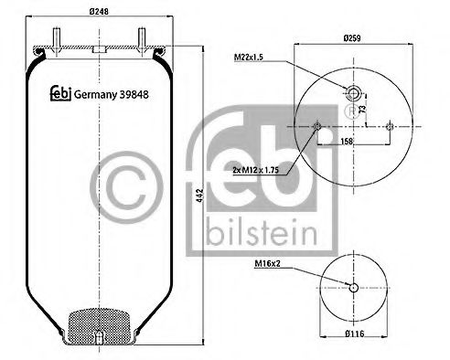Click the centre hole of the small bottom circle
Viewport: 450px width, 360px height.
(x=352, y=289)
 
